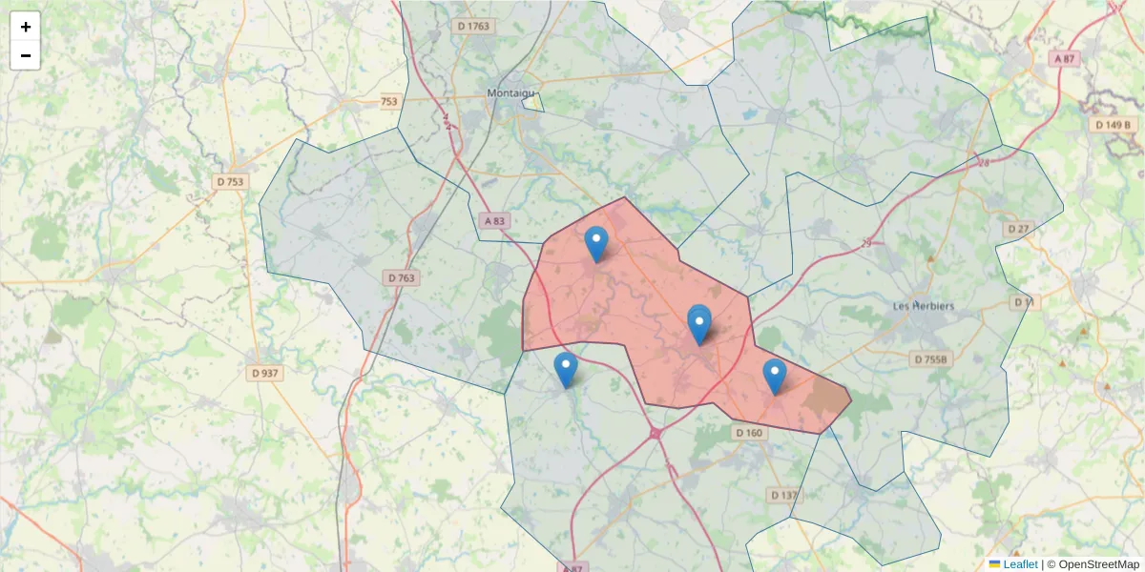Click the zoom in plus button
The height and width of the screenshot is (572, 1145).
click(x=26, y=27)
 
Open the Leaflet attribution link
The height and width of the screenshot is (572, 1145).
click(x=1020, y=564)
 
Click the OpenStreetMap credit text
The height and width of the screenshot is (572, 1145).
click(x=1096, y=564)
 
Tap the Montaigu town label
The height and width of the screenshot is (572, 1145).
click(x=512, y=92)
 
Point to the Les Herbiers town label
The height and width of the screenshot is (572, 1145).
click(x=923, y=306)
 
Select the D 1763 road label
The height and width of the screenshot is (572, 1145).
click(x=473, y=26)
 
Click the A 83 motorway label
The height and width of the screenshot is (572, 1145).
click(x=494, y=220)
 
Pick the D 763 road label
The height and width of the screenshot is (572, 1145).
click(x=402, y=277)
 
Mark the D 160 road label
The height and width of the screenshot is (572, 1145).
click(x=749, y=433)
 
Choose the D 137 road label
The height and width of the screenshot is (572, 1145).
click(x=783, y=495)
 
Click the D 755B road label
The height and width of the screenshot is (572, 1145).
click(x=931, y=359)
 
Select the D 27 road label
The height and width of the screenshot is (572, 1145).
click(x=1018, y=229)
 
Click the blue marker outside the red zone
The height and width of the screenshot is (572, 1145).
click(x=566, y=369)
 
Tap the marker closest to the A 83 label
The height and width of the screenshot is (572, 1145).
click(x=596, y=243)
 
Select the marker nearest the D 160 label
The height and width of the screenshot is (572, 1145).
click(x=775, y=376)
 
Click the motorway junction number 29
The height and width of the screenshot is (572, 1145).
click(x=866, y=244)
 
